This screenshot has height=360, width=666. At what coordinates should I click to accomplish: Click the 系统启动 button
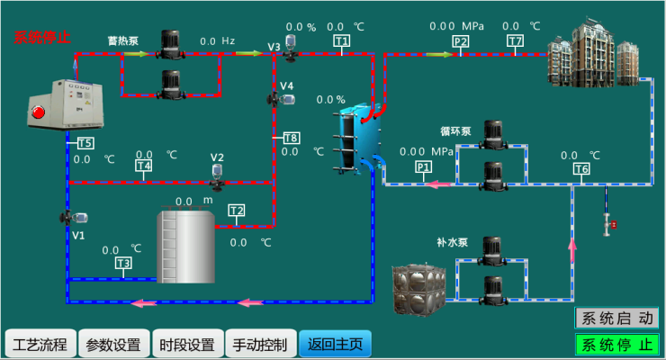click(x=616, y=318)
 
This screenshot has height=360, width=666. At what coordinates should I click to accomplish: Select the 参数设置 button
click(x=113, y=344)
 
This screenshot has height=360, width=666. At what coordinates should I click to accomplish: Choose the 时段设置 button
click(x=187, y=344)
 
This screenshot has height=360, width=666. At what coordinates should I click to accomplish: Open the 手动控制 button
click(x=260, y=344)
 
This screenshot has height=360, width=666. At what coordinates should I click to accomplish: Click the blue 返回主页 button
click(x=334, y=344)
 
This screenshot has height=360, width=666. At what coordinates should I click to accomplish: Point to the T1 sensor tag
click(x=341, y=41)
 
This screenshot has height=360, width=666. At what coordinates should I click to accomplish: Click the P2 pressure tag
click(x=461, y=41)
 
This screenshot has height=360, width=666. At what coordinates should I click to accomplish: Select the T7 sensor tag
click(x=515, y=41)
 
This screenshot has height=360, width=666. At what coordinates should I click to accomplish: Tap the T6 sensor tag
click(x=581, y=169)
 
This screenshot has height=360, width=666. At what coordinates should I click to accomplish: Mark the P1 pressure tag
click(x=423, y=166)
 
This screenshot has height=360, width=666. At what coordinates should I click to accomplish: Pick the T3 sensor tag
click(x=123, y=263)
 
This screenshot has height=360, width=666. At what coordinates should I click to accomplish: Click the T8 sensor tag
click(x=291, y=138)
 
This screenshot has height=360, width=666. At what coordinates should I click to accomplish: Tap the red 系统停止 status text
click(x=42, y=38)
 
